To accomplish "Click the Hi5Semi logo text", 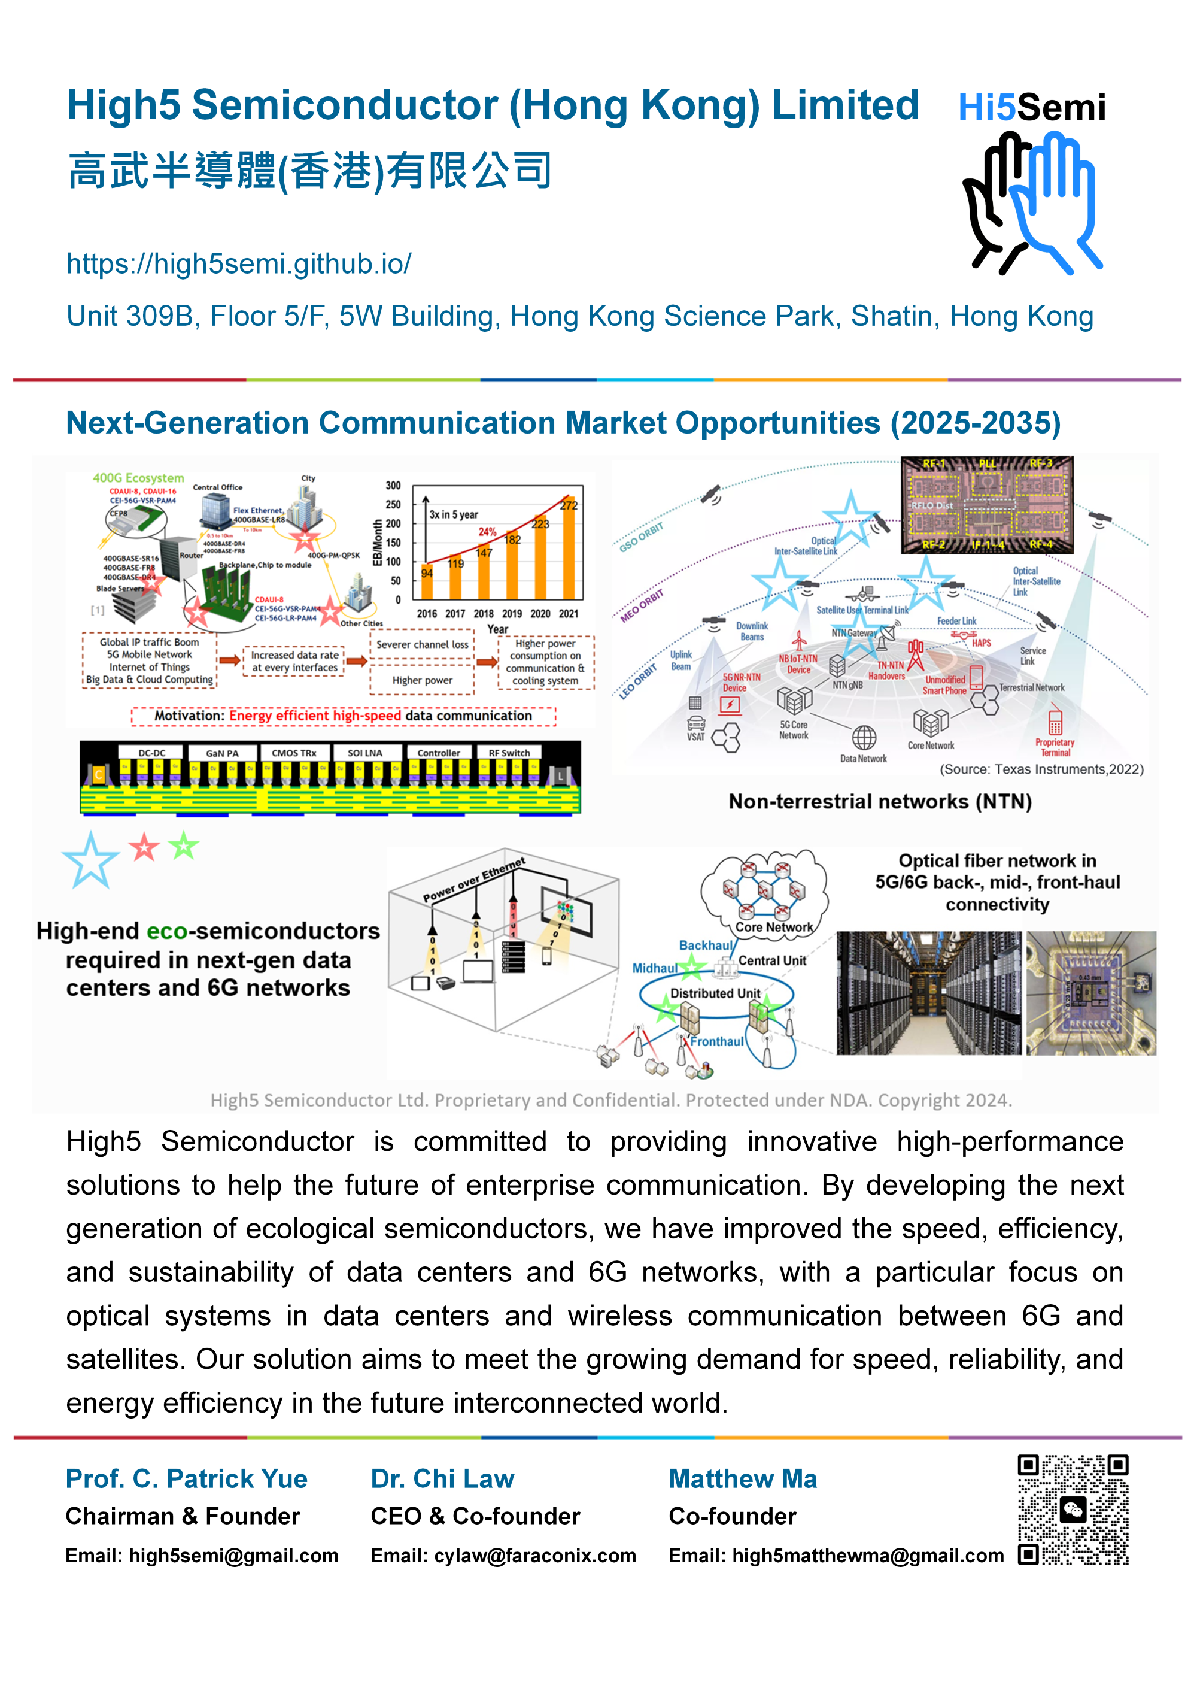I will pyautogui.click(x=1031, y=108).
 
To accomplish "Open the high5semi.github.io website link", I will pyautogui.click(x=239, y=264).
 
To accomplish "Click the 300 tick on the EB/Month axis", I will pyautogui.click(x=393, y=486).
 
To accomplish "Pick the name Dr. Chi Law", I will pyautogui.click(x=442, y=1478).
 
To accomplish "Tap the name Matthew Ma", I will pyautogui.click(x=743, y=1478).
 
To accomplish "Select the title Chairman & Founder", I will pyautogui.click(x=183, y=1516).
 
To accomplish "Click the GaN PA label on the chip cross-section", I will pyautogui.click(x=221, y=753).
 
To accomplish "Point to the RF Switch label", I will pyautogui.click(x=509, y=753).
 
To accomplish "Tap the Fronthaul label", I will pyautogui.click(x=717, y=1041).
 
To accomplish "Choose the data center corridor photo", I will pyautogui.click(x=928, y=993).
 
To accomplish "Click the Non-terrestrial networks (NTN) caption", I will pyautogui.click(x=879, y=801).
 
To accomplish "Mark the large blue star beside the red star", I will pyautogui.click(x=90, y=860).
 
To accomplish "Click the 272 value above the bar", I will pyautogui.click(x=568, y=505).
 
